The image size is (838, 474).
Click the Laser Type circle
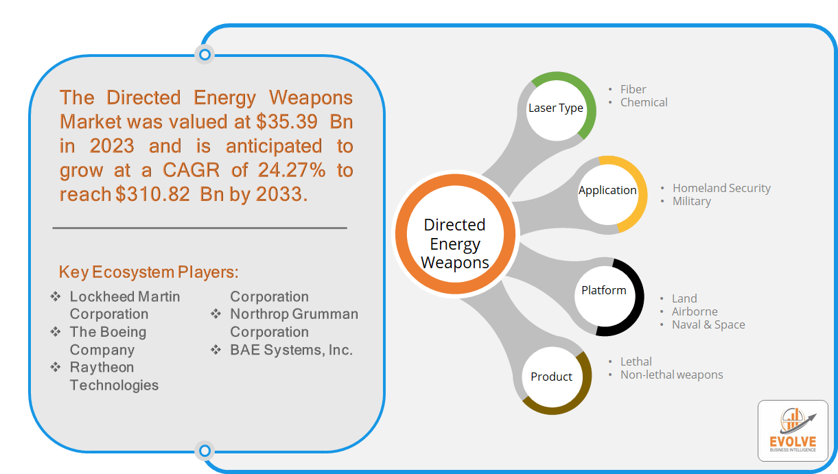point(557,108)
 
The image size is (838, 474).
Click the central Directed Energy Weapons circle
point(455,234)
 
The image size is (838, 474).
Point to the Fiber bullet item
point(633,89)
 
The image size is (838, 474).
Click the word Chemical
point(644,102)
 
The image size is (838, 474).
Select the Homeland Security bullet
point(721,188)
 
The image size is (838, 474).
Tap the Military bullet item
point(692,201)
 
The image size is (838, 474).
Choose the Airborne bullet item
point(695,311)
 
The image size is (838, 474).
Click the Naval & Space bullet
point(708,324)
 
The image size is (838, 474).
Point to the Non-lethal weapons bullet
point(671,375)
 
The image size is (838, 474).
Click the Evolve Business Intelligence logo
point(793,431)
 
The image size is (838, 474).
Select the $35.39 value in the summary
point(287,122)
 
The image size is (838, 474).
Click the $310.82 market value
point(152,194)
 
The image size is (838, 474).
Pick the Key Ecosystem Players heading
point(148,272)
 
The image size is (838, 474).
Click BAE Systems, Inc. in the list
point(291,350)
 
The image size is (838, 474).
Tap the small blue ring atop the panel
point(205,55)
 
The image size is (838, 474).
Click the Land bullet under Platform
point(684,298)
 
